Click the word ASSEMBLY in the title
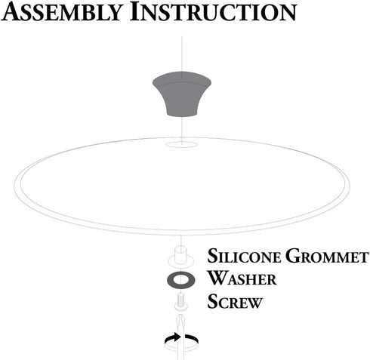pyautogui.click(x=62, y=12)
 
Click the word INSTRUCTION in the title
pyautogui.click(x=213, y=12)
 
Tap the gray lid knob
pyautogui.click(x=182, y=94)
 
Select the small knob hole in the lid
pyautogui.click(x=181, y=144)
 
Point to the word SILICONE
pyautogui.click(x=244, y=256)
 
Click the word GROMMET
pyautogui.click(x=327, y=256)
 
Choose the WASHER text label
pyautogui.click(x=242, y=278)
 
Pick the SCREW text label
pyautogui.click(x=235, y=301)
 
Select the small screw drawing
pyautogui.click(x=182, y=302)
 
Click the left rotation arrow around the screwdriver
pyautogui.click(x=173, y=338)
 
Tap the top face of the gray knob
pyautogui.click(x=182, y=78)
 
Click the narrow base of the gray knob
pyautogui.click(x=182, y=114)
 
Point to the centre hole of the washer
pyautogui.click(x=181, y=279)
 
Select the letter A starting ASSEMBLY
pyautogui.click(x=12, y=12)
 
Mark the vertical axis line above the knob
pyautogui.click(x=182, y=54)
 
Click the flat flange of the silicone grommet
pyautogui.click(x=180, y=261)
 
